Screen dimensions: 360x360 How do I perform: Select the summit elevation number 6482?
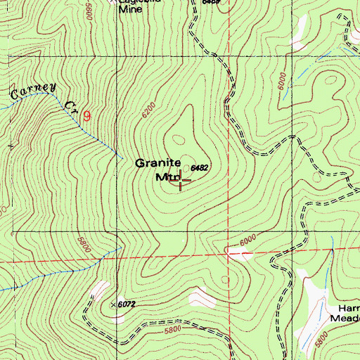(199, 168)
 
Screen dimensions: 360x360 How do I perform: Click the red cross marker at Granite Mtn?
(181, 181)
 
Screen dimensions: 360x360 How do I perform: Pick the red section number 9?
(86, 114)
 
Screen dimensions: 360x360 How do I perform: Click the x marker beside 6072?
(114, 304)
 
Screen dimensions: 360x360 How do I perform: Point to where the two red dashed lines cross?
(228, 252)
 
